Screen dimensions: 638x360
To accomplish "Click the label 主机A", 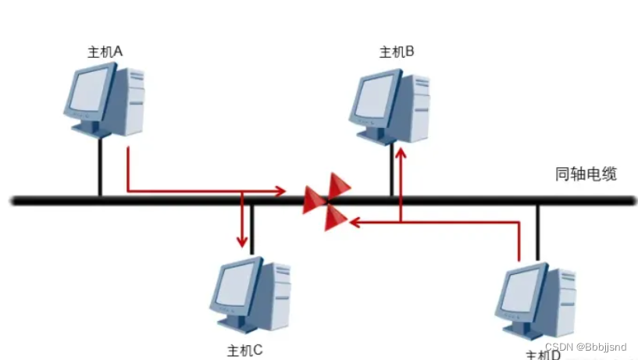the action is [106, 52].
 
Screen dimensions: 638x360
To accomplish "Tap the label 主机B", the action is [397, 52].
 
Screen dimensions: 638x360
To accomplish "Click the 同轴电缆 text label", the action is [586, 173].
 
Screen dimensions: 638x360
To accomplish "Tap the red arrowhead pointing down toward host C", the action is [243, 238].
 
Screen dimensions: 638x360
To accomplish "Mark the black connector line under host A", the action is [100, 168].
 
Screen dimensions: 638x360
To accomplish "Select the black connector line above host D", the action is [537, 230].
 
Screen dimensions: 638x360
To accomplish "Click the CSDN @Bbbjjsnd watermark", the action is [585, 346].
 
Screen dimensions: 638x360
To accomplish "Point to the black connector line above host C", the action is [251, 230].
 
